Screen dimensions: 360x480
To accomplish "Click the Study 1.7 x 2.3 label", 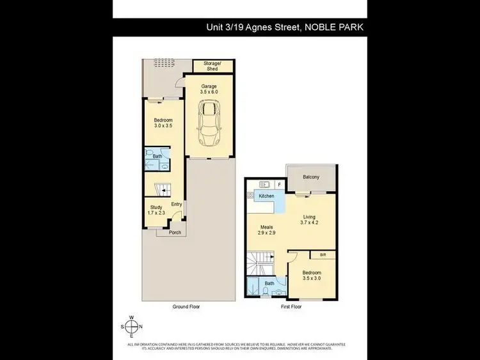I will point(156,210).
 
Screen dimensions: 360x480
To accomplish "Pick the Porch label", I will point(175,232).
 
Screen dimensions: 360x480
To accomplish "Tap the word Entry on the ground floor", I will point(177,205).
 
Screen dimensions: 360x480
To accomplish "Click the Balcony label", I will point(311,177).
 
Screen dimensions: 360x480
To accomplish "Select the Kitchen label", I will point(267,195).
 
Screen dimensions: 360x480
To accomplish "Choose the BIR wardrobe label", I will point(322,254).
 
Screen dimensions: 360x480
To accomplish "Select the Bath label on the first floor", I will point(270,283).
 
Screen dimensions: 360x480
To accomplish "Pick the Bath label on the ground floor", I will point(157,155).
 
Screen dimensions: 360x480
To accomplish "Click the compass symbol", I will point(132,326).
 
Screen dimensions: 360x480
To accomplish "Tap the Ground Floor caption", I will point(186,307).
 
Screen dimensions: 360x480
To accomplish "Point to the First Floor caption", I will point(291,307).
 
